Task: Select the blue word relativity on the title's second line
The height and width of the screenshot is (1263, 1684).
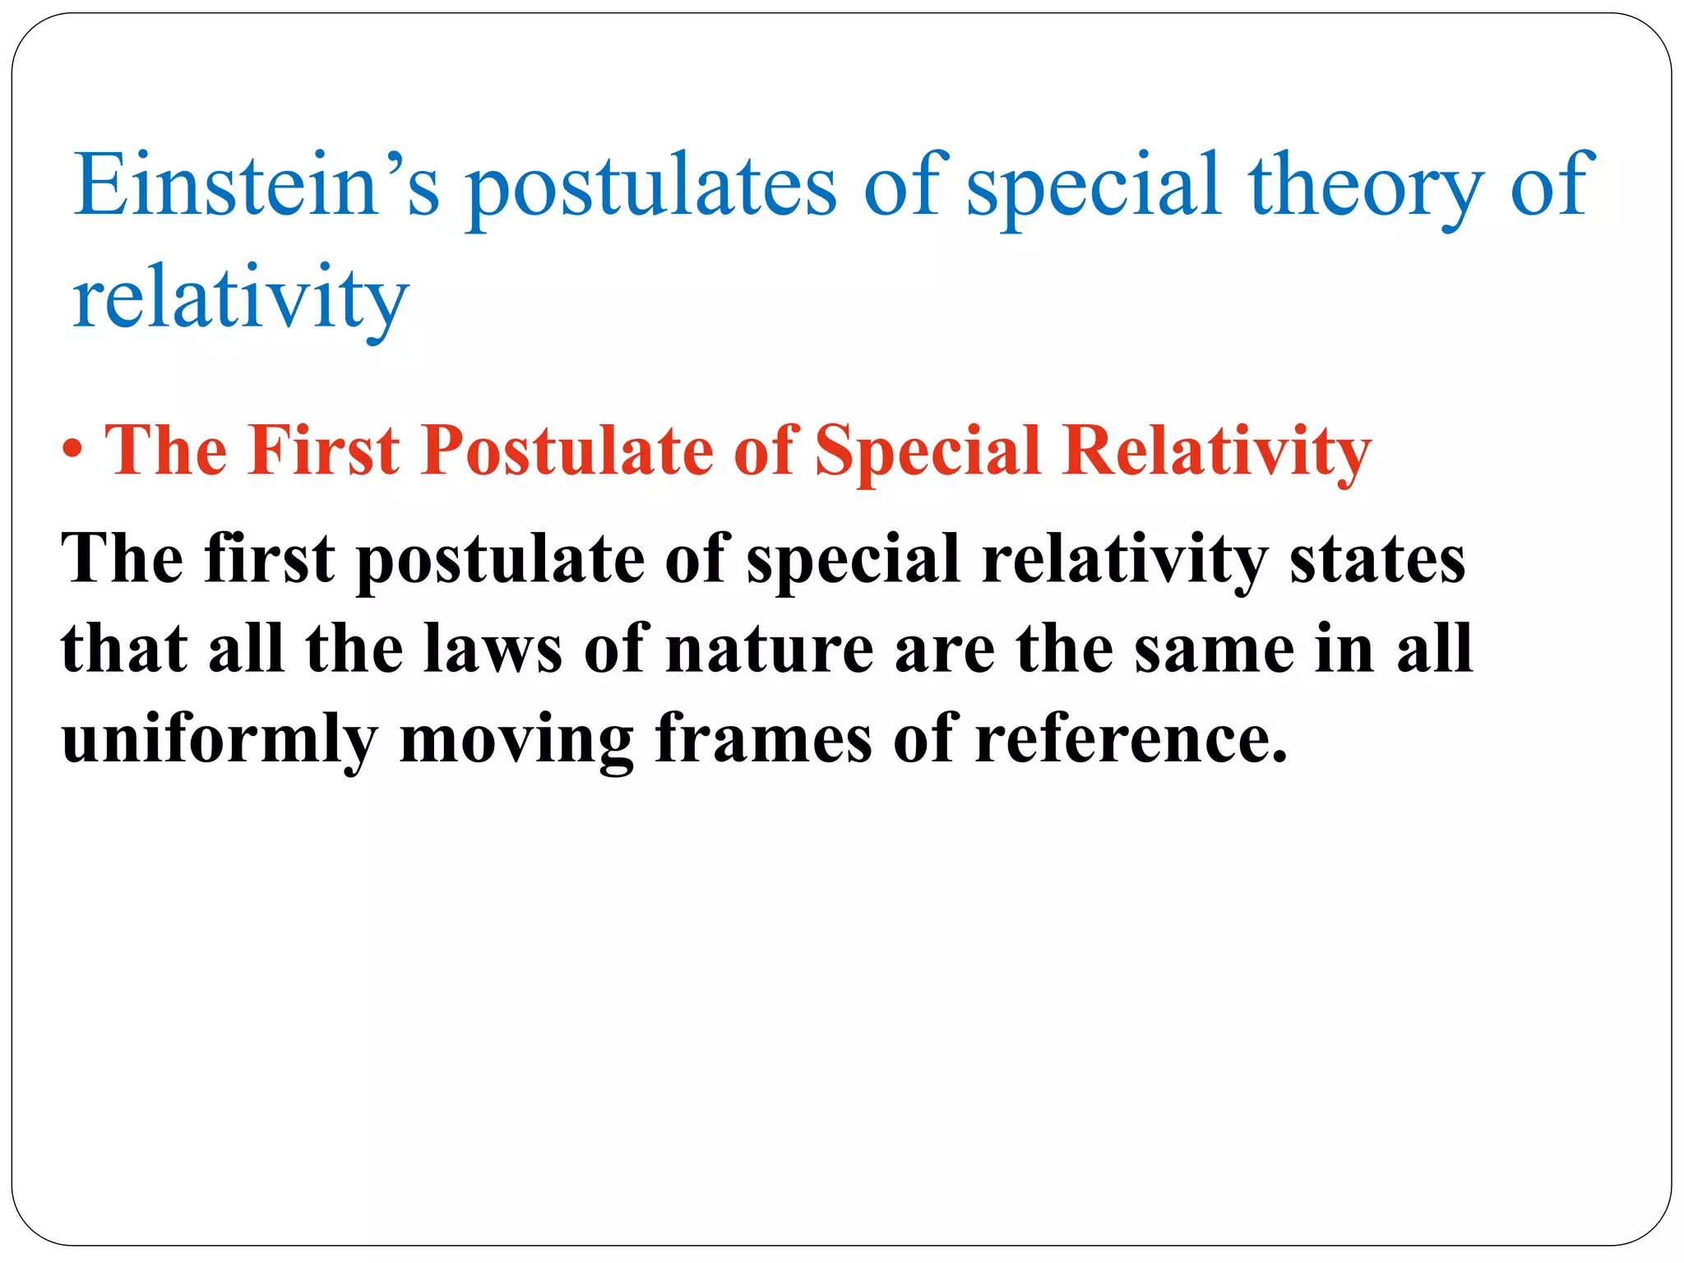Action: point(240,298)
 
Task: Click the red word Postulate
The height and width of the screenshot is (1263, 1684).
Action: point(567,450)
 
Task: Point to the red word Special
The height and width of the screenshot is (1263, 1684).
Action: point(928,450)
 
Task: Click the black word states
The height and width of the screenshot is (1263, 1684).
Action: point(1377,558)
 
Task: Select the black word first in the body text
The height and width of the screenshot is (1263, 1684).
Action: point(270,558)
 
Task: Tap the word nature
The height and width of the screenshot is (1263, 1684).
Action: point(770,649)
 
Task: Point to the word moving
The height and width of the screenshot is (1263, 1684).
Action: point(516,739)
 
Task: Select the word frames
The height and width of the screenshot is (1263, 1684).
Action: point(763,739)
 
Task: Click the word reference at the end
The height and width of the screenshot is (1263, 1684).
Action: point(1131,739)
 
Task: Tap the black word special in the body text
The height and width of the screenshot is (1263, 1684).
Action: point(854,558)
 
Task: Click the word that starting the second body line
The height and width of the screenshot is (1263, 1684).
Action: point(124,649)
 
